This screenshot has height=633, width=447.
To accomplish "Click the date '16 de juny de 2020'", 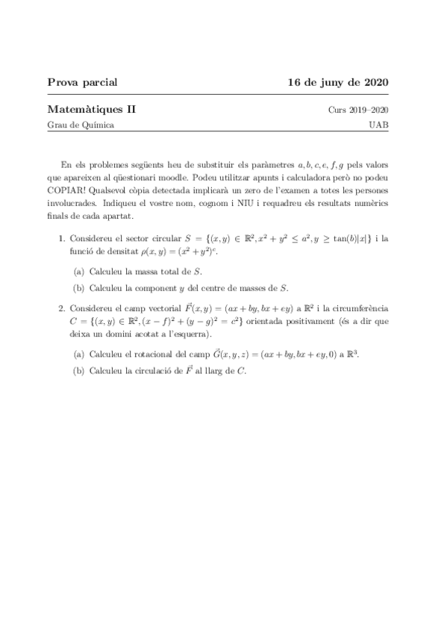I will [x=337, y=81].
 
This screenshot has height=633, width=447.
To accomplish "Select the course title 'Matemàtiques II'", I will [x=92, y=109].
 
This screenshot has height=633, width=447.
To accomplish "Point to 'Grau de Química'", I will [x=81, y=125].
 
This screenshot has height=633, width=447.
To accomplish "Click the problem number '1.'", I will [x=63, y=239].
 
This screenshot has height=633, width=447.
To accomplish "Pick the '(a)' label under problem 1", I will [x=78, y=270].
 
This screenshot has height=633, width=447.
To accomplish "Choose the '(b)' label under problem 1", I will [x=78, y=287].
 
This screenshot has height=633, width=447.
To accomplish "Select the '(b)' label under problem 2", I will [x=78, y=370].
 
